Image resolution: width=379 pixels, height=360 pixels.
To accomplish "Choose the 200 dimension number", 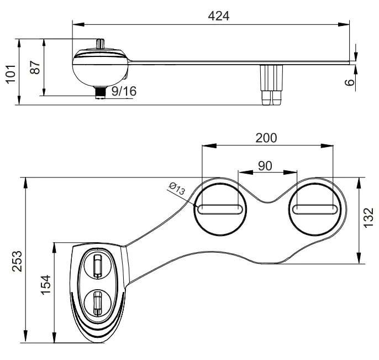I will click(266, 138).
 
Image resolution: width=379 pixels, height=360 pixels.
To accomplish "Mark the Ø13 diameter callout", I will click(176, 188).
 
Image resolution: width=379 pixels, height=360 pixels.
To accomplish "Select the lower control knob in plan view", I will click(97, 302).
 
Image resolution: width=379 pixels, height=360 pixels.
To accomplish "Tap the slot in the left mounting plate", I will click(220, 209).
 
